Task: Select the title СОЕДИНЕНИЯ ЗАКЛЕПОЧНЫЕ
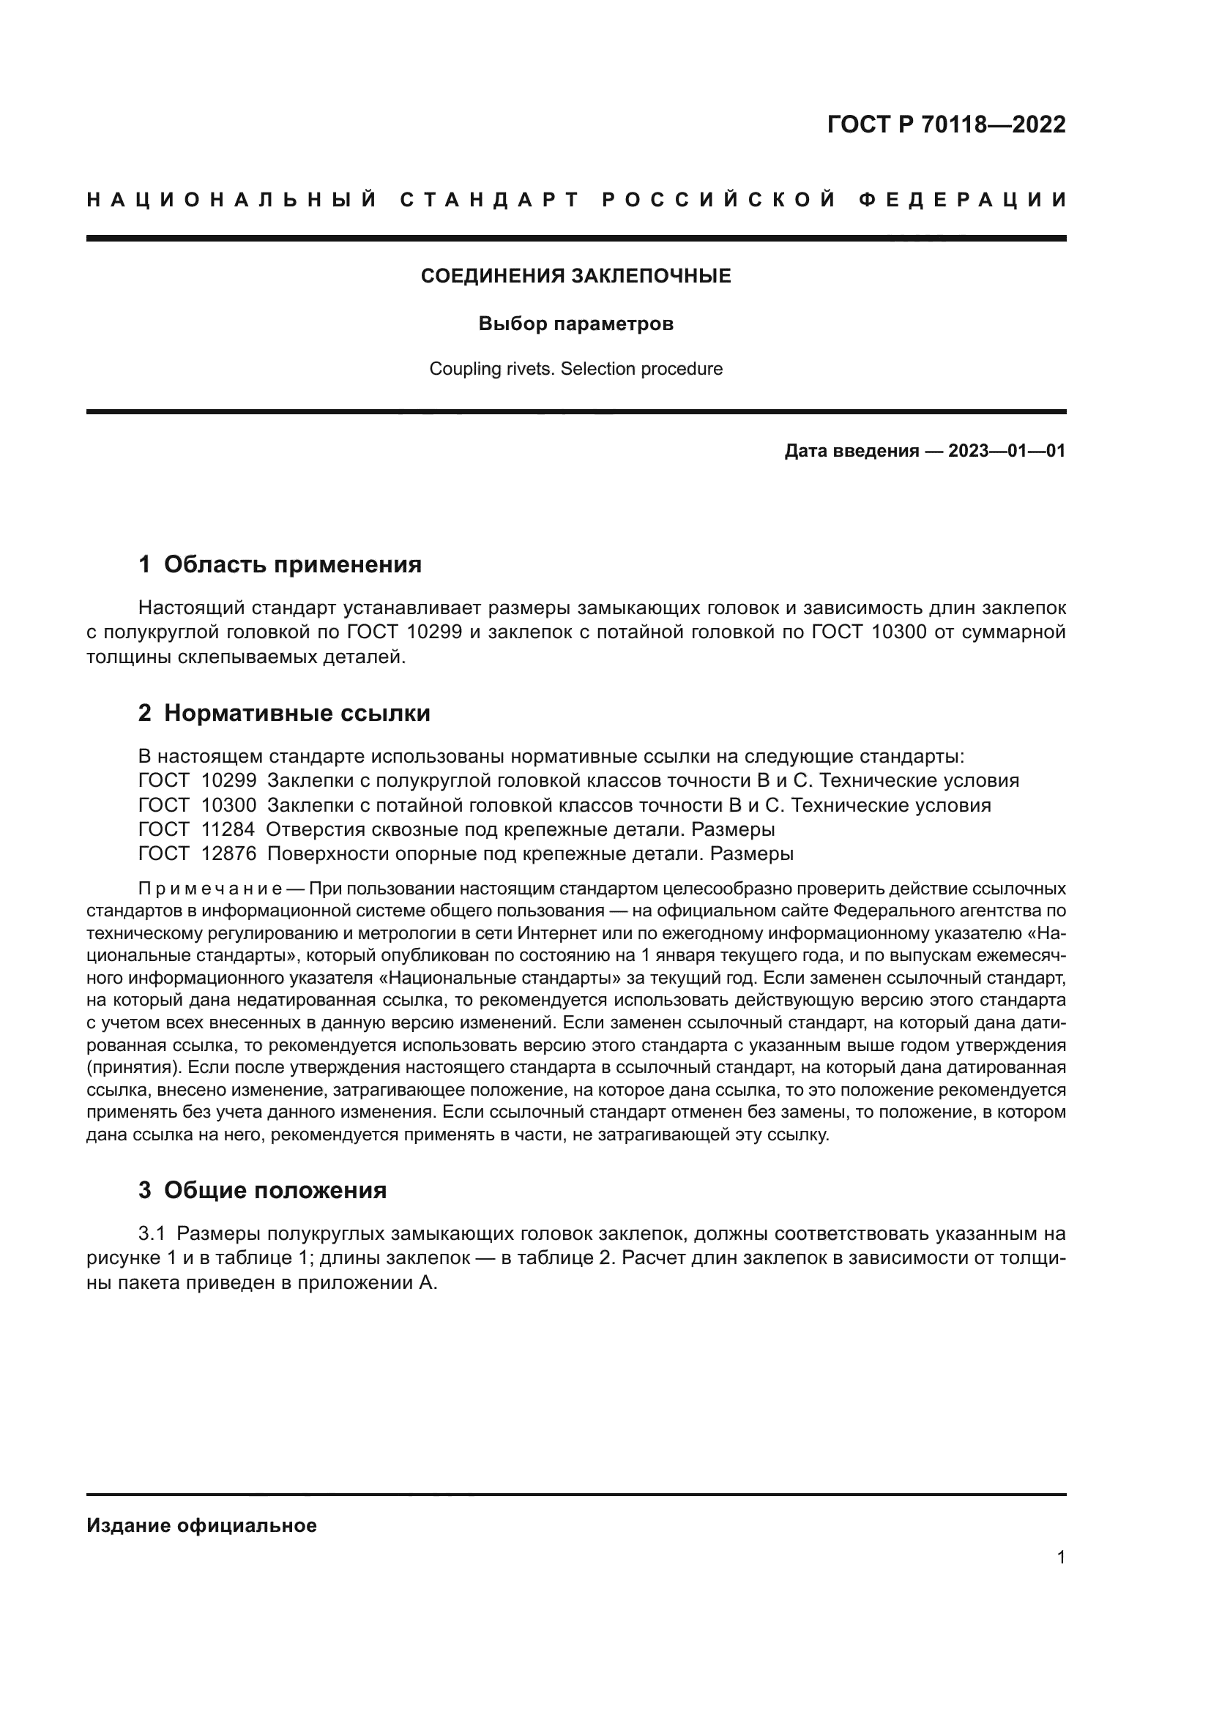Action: tap(575, 276)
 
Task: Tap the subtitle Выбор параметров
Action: tap(575, 324)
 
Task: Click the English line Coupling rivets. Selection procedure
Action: tap(575, 368)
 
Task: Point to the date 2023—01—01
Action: tap(1006, 451)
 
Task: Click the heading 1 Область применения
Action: tap(280, 564)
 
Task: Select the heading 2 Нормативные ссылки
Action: tap(284, 713)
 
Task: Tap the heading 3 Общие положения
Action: tap(263, 1190)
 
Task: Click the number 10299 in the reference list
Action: tap(229, 781)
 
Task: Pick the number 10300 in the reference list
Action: tap(229, 805)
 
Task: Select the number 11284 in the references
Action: tap(228, 829)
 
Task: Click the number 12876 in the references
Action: tap(229, 853)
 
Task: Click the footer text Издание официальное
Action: tap(201, 1525)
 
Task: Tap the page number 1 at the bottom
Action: tap(1061, 1557)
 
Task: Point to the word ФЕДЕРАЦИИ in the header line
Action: tap(963, 200)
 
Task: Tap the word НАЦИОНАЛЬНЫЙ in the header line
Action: tap(232, 200)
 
